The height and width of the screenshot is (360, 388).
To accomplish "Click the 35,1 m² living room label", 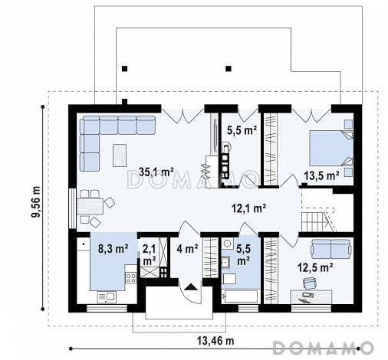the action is pos(156,172).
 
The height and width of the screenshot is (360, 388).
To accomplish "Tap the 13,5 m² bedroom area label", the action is pos(321,175).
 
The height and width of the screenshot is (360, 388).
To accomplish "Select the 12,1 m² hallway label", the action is pos(249,208).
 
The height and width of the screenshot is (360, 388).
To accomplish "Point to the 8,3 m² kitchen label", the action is pos(113,249).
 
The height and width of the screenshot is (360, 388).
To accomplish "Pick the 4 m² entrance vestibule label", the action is pos(187,249).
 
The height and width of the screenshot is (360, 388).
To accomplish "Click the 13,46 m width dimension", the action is pos(215,341).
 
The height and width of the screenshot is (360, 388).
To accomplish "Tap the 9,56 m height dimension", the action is pos(36,202).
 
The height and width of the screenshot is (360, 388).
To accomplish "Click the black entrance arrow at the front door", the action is pos(191,286).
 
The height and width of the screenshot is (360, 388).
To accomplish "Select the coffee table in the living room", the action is pos(120,155).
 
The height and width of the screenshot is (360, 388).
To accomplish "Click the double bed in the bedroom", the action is pos(331,148).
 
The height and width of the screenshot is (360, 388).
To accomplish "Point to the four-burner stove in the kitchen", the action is pos(130,278).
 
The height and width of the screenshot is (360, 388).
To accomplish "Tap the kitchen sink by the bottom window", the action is pos(107,297).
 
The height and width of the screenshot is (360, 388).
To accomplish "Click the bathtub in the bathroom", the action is pos(239,296).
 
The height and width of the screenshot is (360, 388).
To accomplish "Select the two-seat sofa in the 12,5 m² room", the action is pos(331,249).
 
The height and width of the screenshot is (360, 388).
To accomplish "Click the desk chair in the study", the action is pos(309,283).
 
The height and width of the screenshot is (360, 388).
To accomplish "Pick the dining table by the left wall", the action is pos(90,207).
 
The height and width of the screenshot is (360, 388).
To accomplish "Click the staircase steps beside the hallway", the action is pos(314,222).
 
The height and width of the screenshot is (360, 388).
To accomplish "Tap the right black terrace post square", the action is pos(229,68).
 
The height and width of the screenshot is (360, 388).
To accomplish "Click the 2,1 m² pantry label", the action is pos(150,255).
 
